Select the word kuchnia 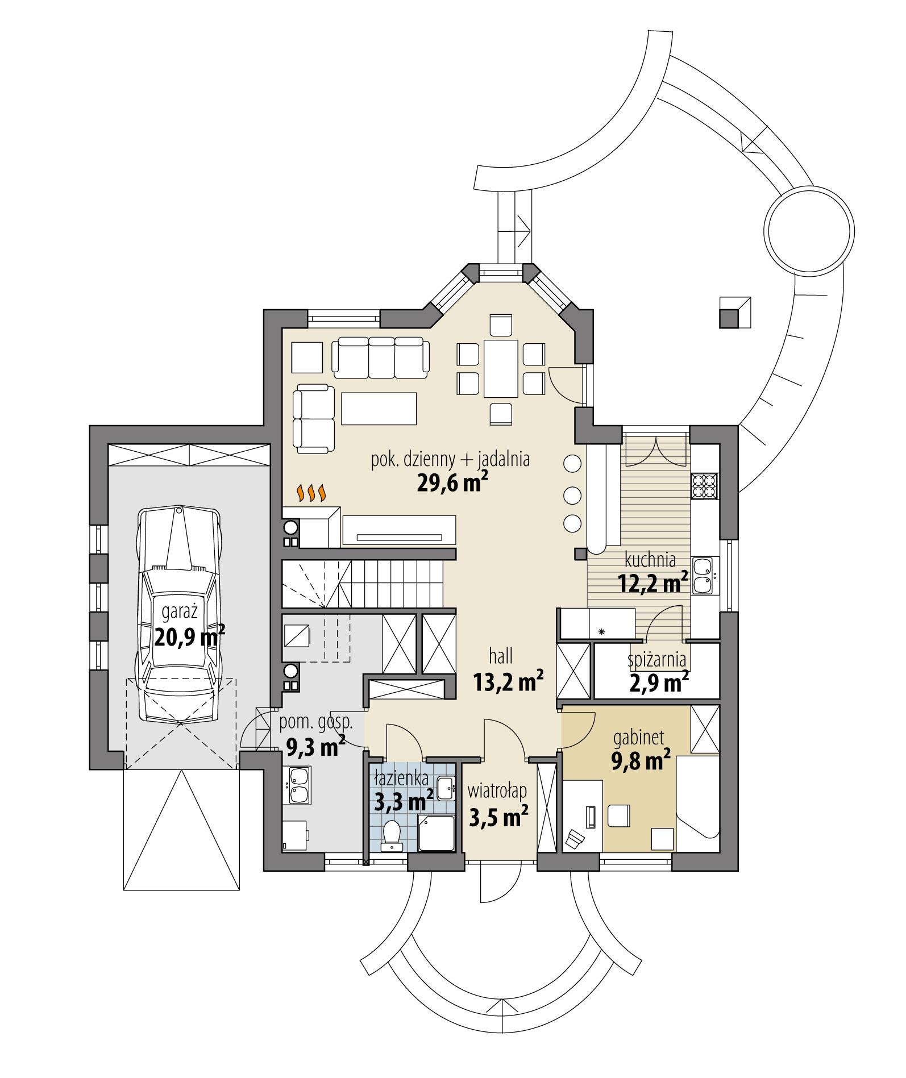(x=650, y=560)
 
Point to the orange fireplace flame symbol (x=312, y=493)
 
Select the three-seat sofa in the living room (x=380, y=357)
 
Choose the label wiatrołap (x=497, y=790)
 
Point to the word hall (x=501, y=656)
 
